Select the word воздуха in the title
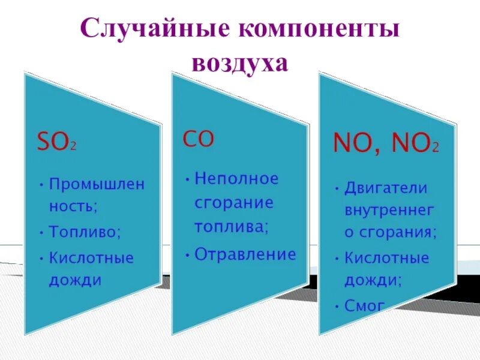(x=240, y=63)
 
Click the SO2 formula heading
(x=57, y=143)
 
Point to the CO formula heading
(x=198, y=139)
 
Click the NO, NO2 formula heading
(x=386, y=144)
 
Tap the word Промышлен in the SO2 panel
(x=97, y=184)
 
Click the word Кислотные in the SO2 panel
(x=91, y=259)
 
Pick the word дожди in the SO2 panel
(x=75, y=280)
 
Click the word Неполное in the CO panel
(x=237, y=179)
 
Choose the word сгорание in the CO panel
(x=233, y=202)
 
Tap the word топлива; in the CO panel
(x=231, y=227)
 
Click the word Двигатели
(x=386, y=188)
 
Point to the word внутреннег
(x=389, y=211)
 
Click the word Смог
(x=364, y=305)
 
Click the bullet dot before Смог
(x=337, y=305)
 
